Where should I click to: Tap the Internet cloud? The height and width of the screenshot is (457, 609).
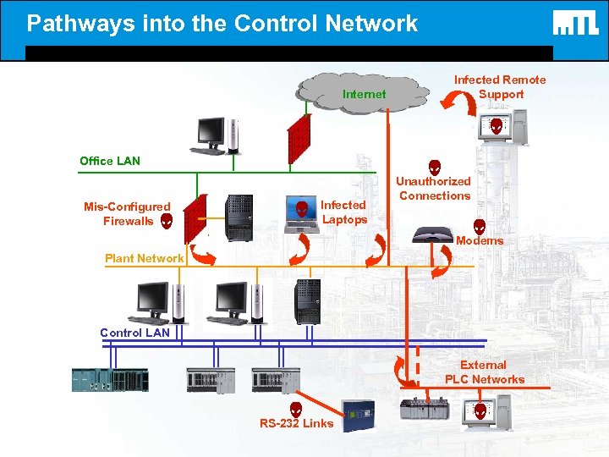point(364,94)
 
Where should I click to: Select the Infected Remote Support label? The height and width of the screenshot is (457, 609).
point(500,86)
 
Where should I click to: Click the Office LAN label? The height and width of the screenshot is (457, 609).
point(110,161)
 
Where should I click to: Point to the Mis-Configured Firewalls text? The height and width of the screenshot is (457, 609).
point(127,213)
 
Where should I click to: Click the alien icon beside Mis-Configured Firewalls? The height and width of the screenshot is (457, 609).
point(167,221)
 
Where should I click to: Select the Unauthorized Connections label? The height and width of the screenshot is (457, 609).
point(435,188)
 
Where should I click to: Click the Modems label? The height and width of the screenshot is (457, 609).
point(479,241)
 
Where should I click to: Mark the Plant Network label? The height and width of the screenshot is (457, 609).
point(144,258)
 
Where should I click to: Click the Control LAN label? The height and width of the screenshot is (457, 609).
point(134,333)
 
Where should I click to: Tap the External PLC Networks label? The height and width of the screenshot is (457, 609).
point(485,372)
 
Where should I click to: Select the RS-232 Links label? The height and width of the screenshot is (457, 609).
point(296,423)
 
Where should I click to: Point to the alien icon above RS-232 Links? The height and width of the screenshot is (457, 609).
point(296,409)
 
